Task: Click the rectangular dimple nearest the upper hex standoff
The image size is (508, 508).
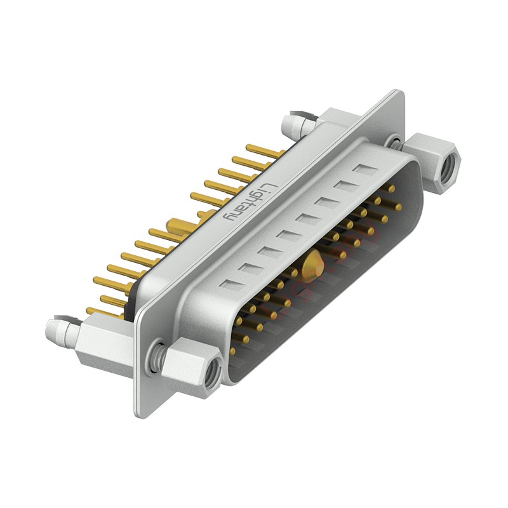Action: [x=364, y=170]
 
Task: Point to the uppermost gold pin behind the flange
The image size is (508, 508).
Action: [x=264, y=151]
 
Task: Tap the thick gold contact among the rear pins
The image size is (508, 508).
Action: [x=178, y=225]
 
